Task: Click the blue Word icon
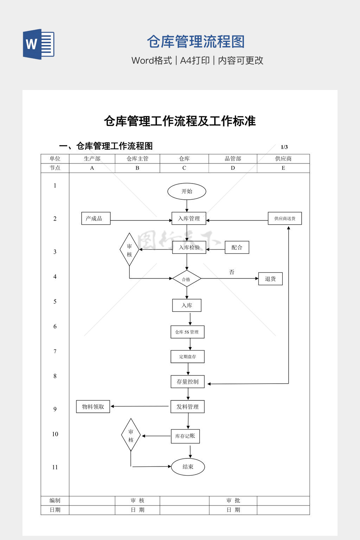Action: point(39,44)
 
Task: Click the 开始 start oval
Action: point(187,191)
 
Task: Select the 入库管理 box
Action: point(189,218)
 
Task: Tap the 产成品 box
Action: point(96,218)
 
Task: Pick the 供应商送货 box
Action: point(285,218)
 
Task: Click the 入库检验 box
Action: point(189,247)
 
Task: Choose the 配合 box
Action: point(237,247)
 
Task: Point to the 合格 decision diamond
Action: point(186,279)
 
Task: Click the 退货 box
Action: point(270,279)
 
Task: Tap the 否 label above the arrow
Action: point(232,272)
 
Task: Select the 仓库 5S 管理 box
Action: point(187,332)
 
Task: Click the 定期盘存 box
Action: point(187,356)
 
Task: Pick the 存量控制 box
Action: point(187,382)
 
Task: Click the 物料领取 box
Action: point(93,407)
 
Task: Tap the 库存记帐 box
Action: point(185,436)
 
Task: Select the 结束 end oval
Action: point(188,467)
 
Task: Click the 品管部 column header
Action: point(233,159)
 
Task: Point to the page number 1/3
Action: point(284,147)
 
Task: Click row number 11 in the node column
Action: point(55,467)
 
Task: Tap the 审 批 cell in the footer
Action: point(233,501)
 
